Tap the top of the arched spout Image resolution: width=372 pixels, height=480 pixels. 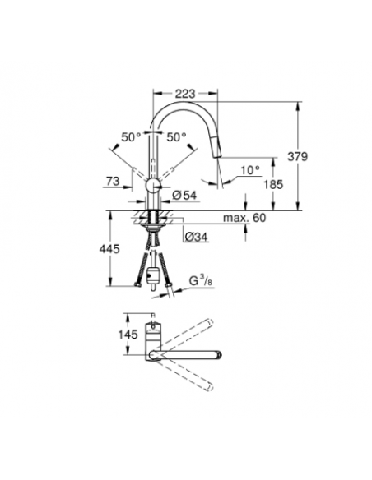tap(185, 105)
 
